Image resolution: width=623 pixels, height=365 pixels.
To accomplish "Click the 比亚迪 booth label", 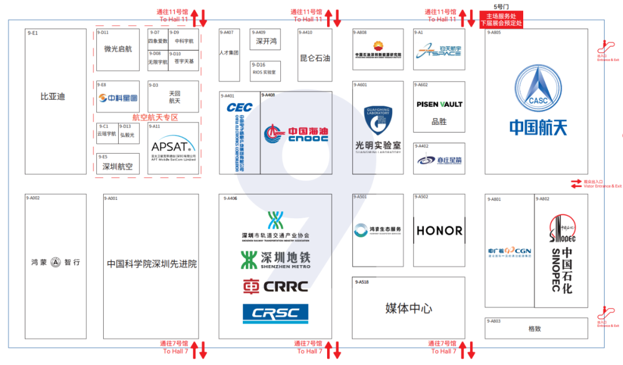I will (x=52, y=96).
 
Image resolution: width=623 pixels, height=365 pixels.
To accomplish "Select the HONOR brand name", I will (x=440, y=230).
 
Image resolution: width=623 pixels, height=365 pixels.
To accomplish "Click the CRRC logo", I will (x=275, y=286).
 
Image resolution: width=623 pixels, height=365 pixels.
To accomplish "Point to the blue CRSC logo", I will (x=275, y=314).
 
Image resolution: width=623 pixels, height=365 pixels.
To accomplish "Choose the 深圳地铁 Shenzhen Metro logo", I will (x=275, y=260).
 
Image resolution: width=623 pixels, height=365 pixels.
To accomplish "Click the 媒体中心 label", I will (x=408, y=308).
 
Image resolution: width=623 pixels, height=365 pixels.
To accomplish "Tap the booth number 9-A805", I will (x=494, y=33).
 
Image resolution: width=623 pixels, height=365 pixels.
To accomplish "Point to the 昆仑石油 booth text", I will (x=315, y=58).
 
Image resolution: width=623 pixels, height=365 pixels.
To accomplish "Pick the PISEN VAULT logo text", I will (x=440, y=105).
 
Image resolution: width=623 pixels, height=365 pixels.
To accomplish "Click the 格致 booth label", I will (x=535, y=329).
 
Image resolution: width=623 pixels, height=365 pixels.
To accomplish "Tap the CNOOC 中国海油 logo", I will (x=295, y=134).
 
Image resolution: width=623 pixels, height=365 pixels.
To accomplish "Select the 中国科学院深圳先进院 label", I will (x=152, y=264).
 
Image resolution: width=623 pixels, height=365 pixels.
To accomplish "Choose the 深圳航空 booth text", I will (x=118, y=167).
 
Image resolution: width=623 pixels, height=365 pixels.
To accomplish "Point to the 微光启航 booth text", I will (x=118, y=50).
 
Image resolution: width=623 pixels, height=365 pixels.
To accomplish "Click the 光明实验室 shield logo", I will (x=378, y=120).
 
